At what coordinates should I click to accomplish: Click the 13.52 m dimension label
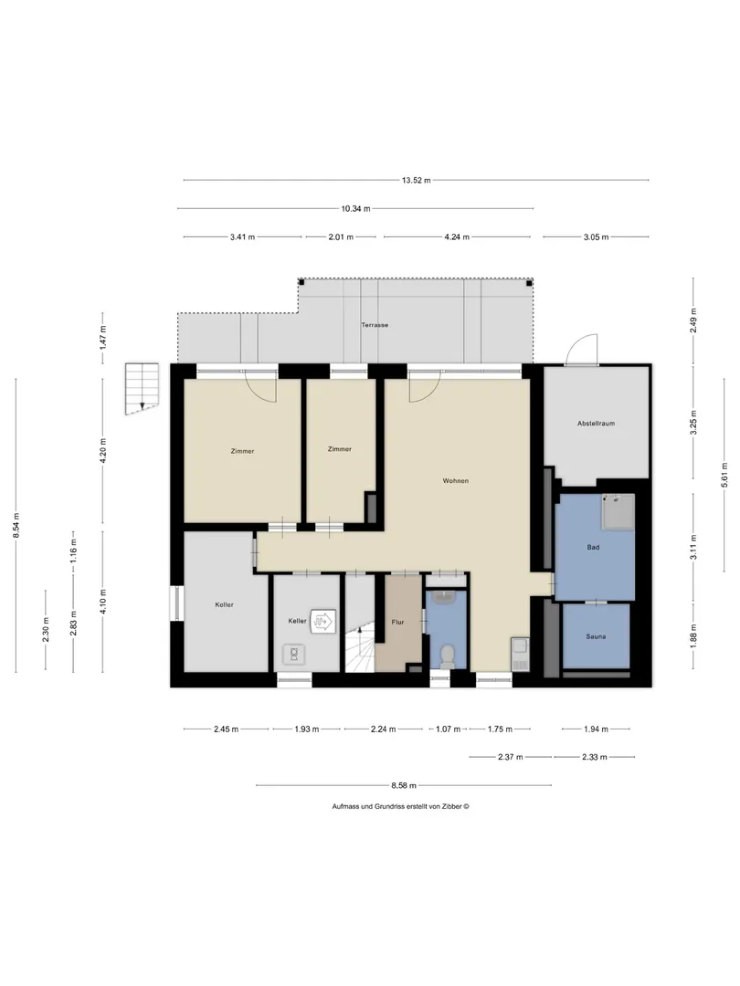[x=416, y=180]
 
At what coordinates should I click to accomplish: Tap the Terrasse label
[x=375, y=325]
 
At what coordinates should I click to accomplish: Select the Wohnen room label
[x=456, y=481]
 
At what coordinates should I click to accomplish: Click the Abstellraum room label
[x=596, y=424]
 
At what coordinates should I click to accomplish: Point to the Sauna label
[x=596, y=636]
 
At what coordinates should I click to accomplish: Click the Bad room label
[x=593, y=547]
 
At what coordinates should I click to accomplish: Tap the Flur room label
[x=397, y=622]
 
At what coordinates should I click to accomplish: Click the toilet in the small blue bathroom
[x=448, y=655]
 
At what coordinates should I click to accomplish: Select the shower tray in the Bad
[x=618, y=511]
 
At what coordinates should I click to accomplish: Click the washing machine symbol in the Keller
[x=294, y=654]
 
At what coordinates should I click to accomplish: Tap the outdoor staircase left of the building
[x=143, y=389]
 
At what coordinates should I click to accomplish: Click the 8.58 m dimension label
[x=404, y=785]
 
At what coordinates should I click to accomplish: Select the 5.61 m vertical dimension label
[x=724, y=475]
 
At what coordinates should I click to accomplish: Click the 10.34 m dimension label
[x=355, y=208]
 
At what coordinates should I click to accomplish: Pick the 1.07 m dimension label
[x=448, y=729]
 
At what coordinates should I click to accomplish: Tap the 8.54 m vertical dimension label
[x=17, y=525]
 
